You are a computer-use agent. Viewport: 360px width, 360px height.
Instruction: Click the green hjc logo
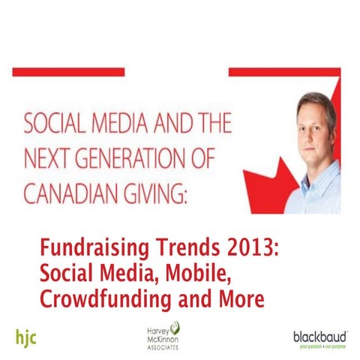point(25,336)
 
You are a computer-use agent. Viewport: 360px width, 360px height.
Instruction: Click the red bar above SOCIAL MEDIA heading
point(67,72)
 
